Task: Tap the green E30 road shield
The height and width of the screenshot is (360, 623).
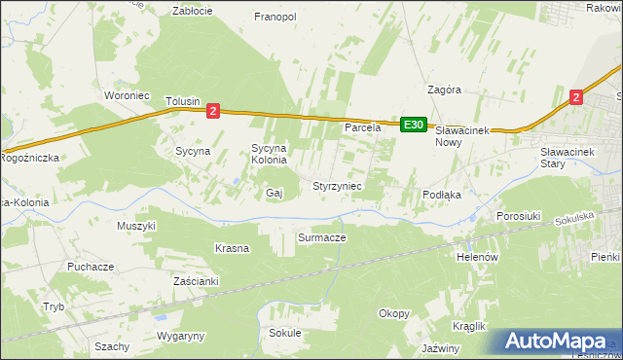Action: pyautogui.click(x=414, y=125)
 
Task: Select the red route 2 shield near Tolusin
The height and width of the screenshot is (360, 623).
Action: pyautogui.click(x=213, y=112)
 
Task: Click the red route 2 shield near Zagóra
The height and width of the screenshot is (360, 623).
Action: pyautogui.click(x=576, y=96)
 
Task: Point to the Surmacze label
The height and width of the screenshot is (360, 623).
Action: pyautogui.click(x=321, y=236)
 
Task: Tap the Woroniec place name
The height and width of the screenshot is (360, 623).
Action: pyautogui.click(x=126, y=95)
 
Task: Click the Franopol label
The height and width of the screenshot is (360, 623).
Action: pyautogui.click(x=275, y=17)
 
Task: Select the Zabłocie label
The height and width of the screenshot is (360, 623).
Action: pyautogui.click(x=192, y=11)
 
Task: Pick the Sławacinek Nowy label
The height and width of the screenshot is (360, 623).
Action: pyautogui.click(x=461, y=135)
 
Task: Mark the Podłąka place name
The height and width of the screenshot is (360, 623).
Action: pyautogui.click(x=441, y=195)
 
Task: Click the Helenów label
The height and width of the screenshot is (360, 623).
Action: pyautogui.click(x=477, y=257)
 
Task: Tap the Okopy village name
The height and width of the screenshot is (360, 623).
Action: pyautogui.click(x=394, y=313)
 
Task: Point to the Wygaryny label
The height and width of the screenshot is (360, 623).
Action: pyautogui.click(x=180, y=336)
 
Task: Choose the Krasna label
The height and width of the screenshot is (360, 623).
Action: pyautogui.click(x=232, y=248)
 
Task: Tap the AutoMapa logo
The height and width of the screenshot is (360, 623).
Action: pyautogui.click(x=556, y=342)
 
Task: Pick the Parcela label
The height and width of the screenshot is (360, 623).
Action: pyautogui.click(x=362, y=127)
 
